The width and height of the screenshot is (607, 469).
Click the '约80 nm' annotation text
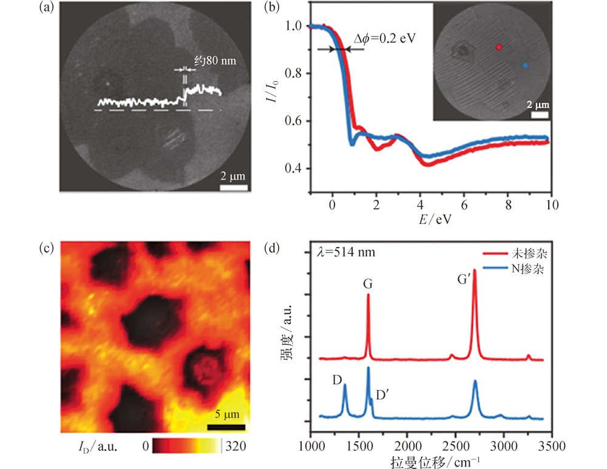(214, 61)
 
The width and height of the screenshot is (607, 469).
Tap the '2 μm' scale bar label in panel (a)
(233, 177)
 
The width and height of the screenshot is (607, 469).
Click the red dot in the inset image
(499, 47)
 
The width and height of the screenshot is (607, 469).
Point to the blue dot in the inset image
(526, 65)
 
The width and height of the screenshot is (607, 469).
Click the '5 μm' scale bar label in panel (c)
(226, 415)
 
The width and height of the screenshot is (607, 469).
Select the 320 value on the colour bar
(237, 446)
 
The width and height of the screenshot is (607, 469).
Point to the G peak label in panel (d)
(368, 283)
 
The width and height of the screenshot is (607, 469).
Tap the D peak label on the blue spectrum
(337, 379)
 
